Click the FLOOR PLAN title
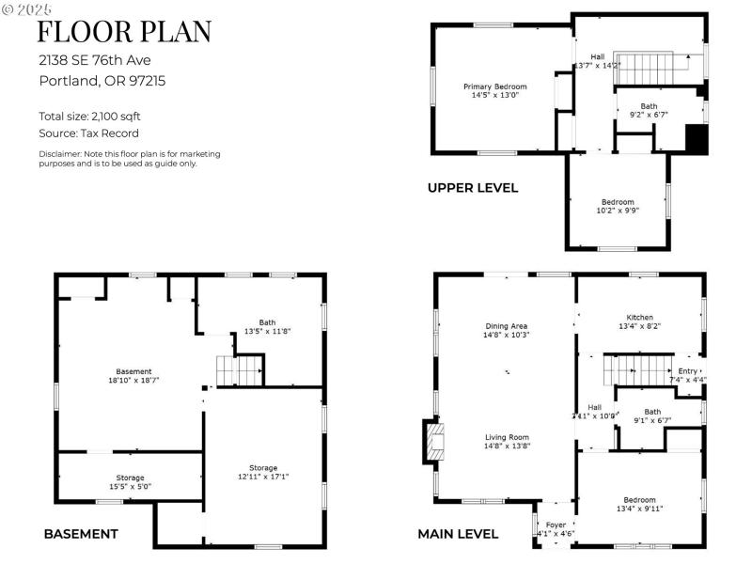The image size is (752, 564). [x=124, y=31]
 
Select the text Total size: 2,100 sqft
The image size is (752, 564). [x=90, y=117]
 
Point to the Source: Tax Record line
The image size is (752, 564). [x=84, y=133]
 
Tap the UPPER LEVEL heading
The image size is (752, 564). [x=472, y=188]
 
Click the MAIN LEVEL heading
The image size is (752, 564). [x=458, y=534]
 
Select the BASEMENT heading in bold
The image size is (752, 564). [x=81, y=534]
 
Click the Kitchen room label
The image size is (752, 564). [x=639, y=322]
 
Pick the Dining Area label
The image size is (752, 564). [x=506, y=330]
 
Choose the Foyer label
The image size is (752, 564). [x=555, y=528]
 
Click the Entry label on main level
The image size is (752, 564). [x=688, y=375]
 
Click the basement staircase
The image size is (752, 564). [x=239, y=370]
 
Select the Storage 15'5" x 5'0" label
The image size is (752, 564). [x=130, y=482]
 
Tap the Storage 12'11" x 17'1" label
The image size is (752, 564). [x=263, y=472]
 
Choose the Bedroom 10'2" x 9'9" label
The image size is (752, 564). [x=618, y=206]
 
